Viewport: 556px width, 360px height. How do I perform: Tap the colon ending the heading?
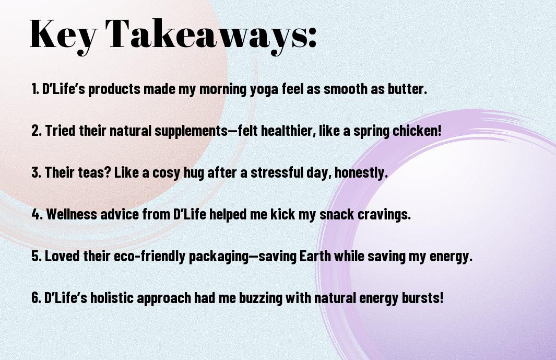pyautogui.click(x=312, y=38)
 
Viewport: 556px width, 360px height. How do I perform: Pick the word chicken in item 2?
pyautogui.click(x=417, y=131)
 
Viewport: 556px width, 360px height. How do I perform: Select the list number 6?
pyautogui.click(x=37, y=298)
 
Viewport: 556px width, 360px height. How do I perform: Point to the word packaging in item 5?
pyautogui.click(x=218, y=257)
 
